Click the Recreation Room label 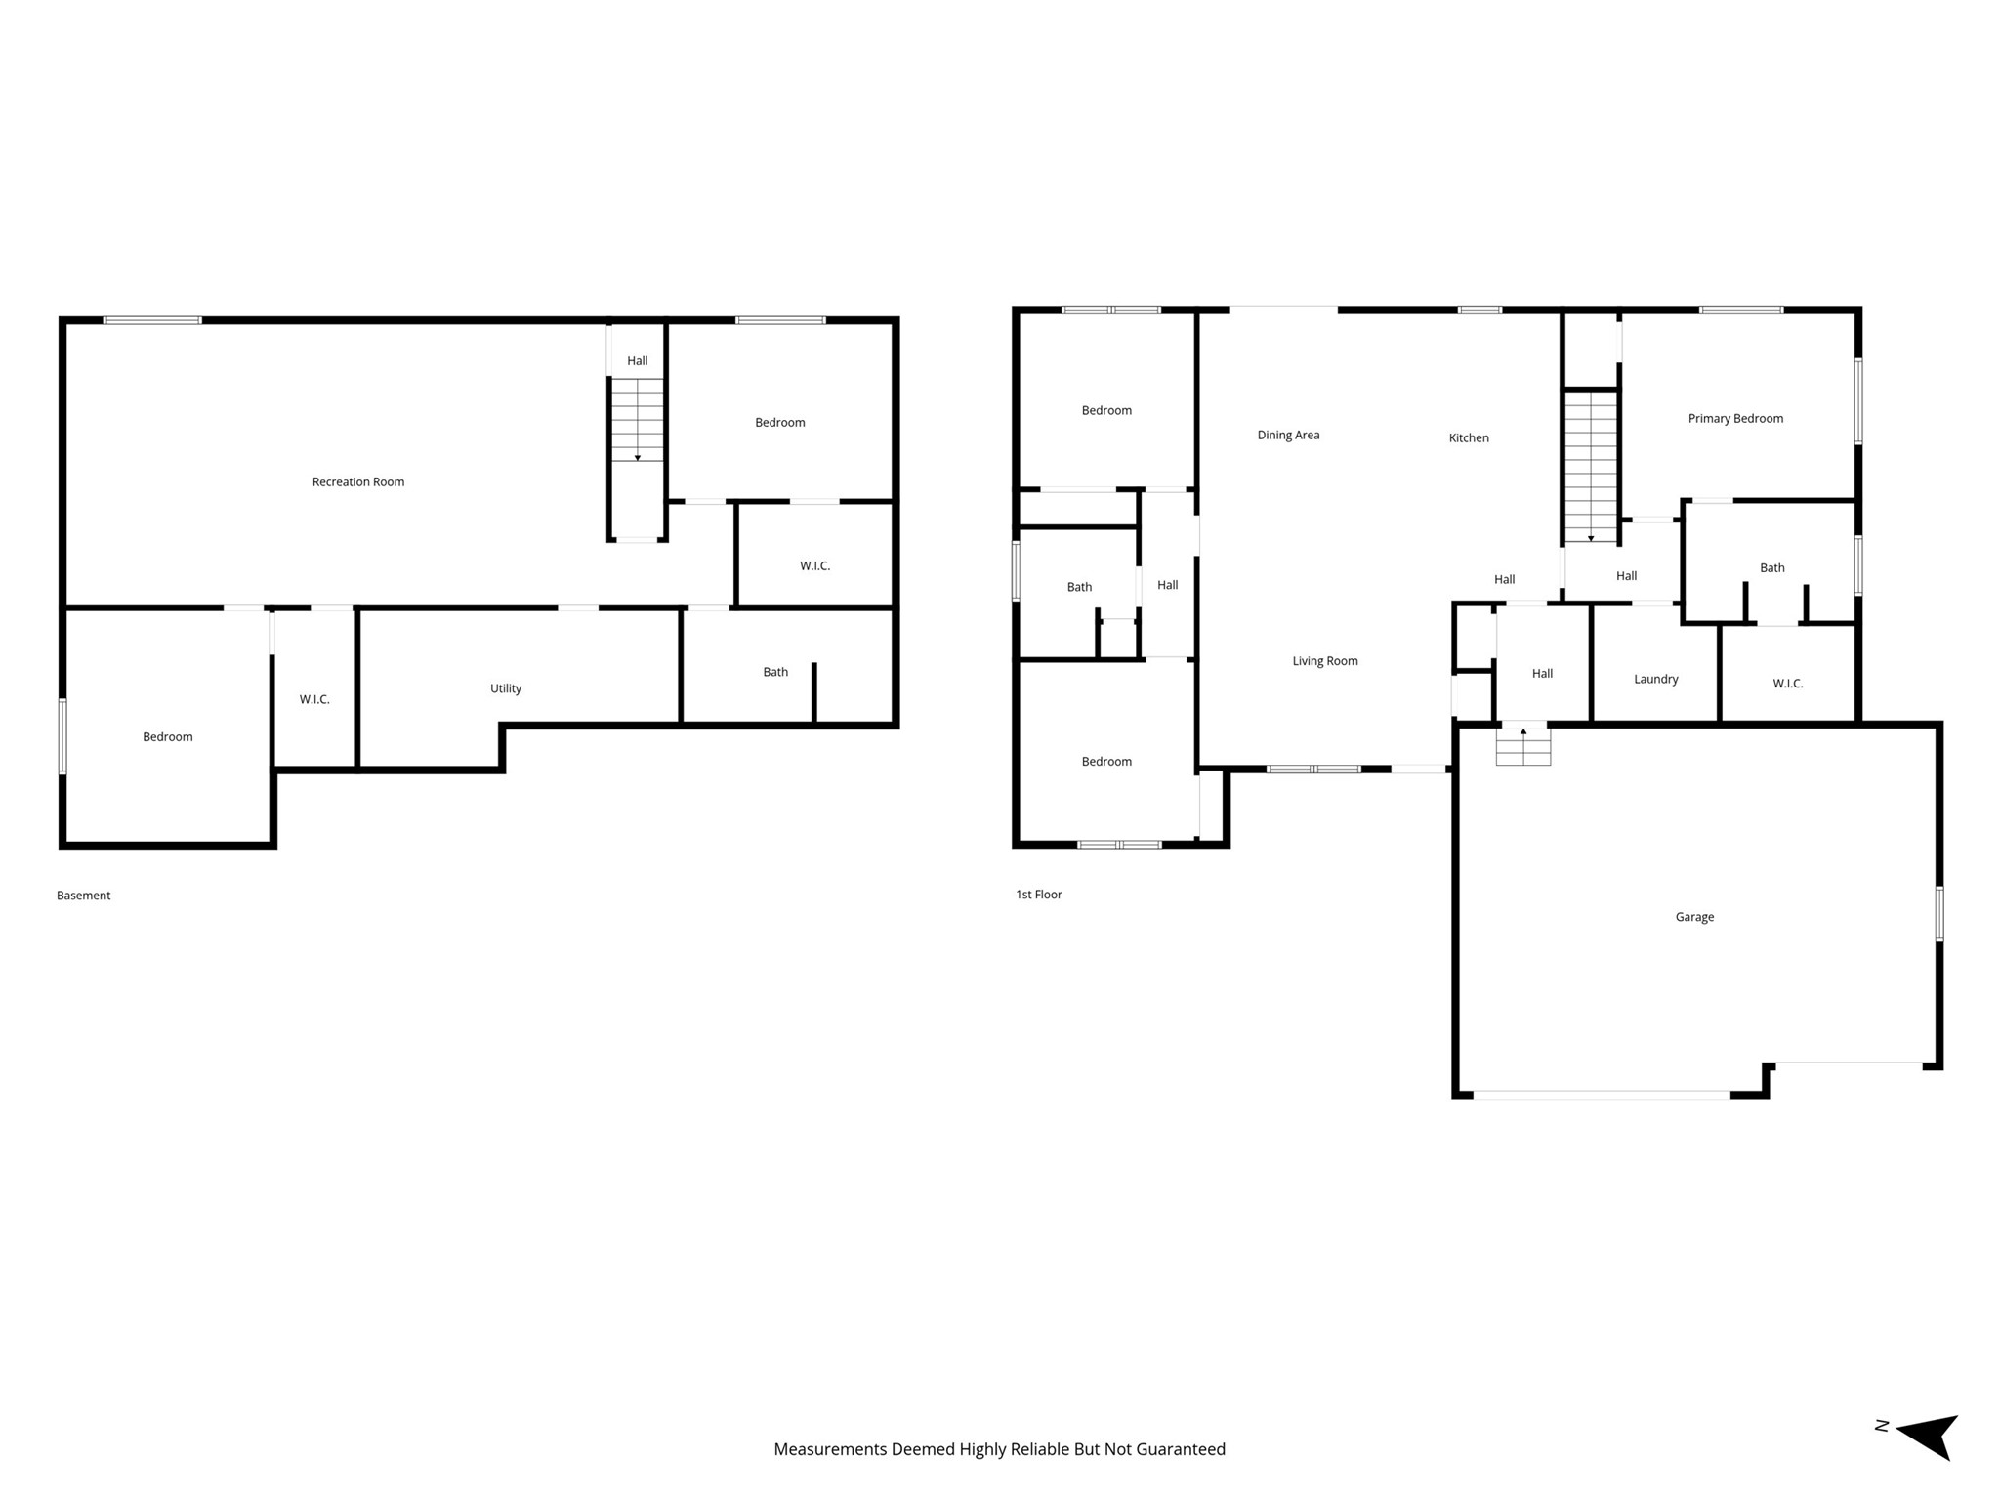[358, 481]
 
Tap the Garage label [1694, 917]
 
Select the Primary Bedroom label [1735, 418]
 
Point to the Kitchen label [1469, 437]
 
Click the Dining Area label [1288, 435]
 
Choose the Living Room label [1325, 661]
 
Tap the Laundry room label [1656, 679]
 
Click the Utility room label [506, 688]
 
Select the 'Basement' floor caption [84, 896]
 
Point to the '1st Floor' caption [1039, 895]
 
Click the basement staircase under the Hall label [638, 420]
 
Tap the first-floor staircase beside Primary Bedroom [1592, 467]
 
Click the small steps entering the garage [1523, 747]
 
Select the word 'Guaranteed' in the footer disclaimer [1181, 1449]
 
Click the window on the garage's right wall [1939, 914]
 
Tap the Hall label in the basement [638, 361]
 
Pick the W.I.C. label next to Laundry [1788, 684]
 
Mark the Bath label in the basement [775, 672]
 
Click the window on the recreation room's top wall [152, 320]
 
